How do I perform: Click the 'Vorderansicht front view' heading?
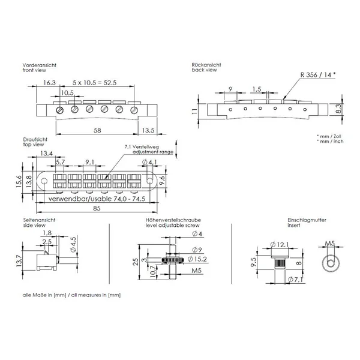click(x=39, y=67)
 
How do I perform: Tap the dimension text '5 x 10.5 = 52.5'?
click(x=94, y=83)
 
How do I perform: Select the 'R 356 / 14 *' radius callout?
click(x=318, y=75)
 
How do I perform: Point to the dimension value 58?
click(x=97, y=130)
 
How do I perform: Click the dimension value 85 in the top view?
click(x=97, y=208)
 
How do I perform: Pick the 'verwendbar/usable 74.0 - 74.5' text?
click(x=97, y=199)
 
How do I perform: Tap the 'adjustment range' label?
click(x=153, y=152)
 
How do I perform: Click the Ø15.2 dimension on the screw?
click(x=197, y=259)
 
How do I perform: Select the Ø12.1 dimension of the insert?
click(x=280, y=245)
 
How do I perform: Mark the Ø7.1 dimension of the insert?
click(x=295, y=280)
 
